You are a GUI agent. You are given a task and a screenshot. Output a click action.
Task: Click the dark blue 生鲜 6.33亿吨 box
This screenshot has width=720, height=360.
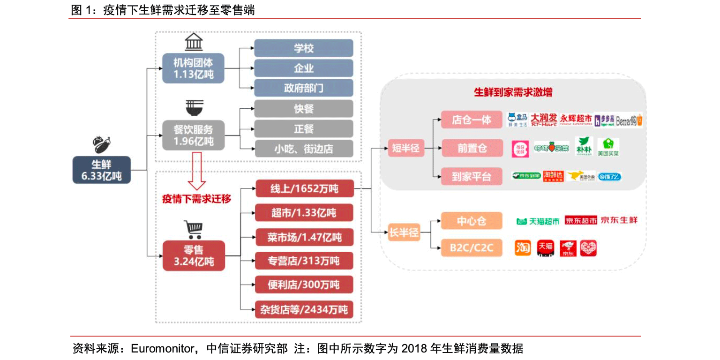pyautogui.click(x=101, y=170)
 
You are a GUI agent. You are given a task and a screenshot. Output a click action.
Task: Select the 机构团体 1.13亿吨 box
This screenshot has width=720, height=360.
pyautogui.click(x=193, y=69)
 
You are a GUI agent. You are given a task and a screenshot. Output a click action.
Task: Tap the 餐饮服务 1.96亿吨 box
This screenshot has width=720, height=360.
pyautogui.click(x=193, y=135)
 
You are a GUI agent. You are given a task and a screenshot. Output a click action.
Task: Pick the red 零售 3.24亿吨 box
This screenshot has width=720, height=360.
pyautogui.click(x=193, y=256)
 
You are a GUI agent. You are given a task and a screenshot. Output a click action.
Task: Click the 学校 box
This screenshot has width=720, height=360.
pyautogui.click(x=303, y=48)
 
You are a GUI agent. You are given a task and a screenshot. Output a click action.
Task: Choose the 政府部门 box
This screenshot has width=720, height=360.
pyautogui.click(x=303, y=88)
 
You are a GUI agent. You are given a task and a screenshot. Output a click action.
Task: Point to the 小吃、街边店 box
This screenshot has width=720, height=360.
pyautogui.click(x=303, y=149)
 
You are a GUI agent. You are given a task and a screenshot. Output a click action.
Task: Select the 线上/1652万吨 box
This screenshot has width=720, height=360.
pyautogui.click(x=303, y=189)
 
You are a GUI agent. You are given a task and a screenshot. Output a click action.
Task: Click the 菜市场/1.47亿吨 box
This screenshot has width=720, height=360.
pyautogui.click(x=303, y=237)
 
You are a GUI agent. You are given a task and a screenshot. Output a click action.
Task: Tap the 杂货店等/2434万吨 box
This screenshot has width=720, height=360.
pyautogui.click(x=303, y=309)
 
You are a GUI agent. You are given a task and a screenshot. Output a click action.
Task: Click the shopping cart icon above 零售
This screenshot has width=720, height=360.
pyautogui.click(x=193, y=230)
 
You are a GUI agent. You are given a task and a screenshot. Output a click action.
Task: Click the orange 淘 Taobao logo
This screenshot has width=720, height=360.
pyautogui.click(x=523, y=247)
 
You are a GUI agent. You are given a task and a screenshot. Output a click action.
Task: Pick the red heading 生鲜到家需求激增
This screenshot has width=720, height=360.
pyautogui.click(x=513, y=92)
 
